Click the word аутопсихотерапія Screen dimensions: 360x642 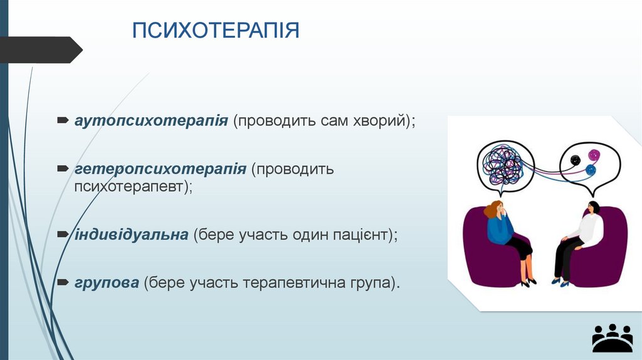click(x=151, y=120)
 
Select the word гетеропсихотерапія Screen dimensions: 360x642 click(x=160, y=169)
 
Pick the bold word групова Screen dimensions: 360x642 click(x=107, y=283)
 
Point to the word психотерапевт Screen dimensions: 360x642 click(x=132, y=186)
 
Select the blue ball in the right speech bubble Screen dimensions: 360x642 click(x=591, y=169)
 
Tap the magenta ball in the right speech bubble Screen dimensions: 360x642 click(x=594, y=154)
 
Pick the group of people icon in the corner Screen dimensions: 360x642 click(x=612, y=338)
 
